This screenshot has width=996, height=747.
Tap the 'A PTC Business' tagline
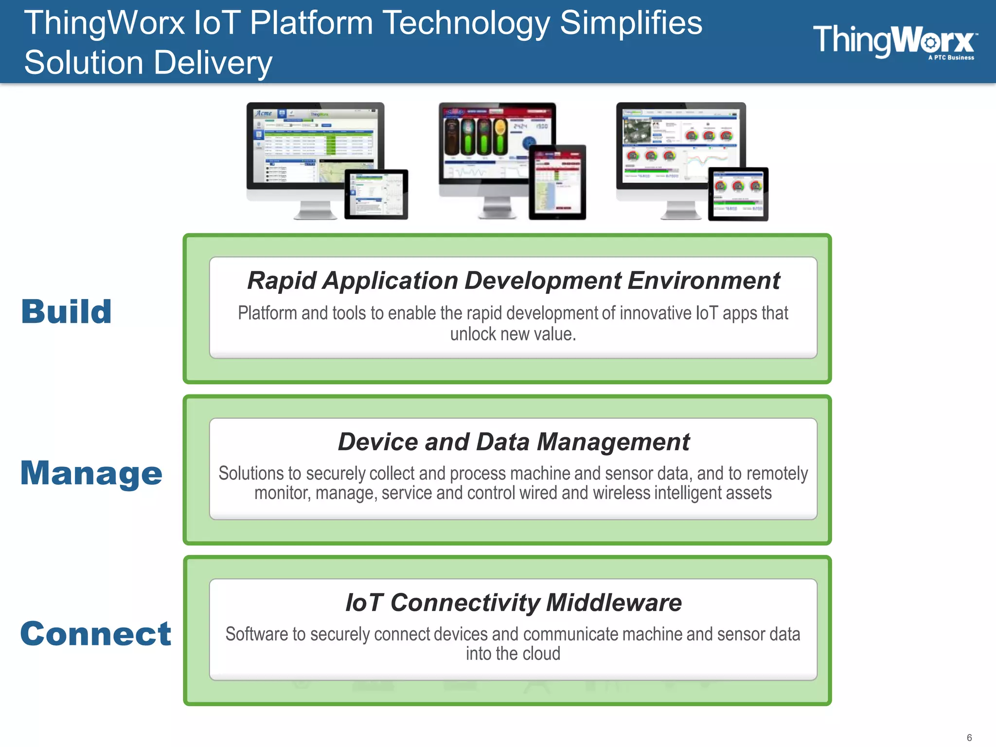pos(951,58)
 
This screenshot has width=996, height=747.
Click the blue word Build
pos(67,312)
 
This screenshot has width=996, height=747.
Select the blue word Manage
pos(91,473)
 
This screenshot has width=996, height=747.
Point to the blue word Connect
pos(96,634)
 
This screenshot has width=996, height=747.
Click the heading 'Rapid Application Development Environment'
pos(513,281)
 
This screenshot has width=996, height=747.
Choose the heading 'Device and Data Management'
pos(513,442)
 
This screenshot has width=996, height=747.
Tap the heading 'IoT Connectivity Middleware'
pos(513,603)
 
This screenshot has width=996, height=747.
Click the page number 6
pos(969,737)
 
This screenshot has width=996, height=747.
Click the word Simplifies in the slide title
pos(631,23)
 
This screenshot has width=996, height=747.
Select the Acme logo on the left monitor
pos(264,113)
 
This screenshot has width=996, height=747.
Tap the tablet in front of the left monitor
pos(376,195)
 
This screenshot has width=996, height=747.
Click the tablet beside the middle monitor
pos(557,182)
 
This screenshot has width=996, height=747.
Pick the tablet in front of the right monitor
pos(738,194)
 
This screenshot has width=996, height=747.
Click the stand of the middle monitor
pos(497,209)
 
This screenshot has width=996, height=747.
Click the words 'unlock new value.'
pos(513,335)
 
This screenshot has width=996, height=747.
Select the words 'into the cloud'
pos(513,654)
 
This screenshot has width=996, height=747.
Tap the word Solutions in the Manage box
pos(250,473)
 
